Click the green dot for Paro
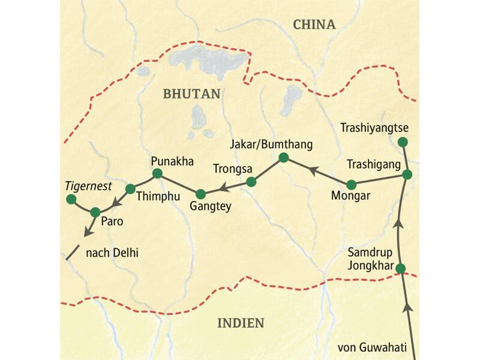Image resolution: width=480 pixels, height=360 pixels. (x=95, y=212)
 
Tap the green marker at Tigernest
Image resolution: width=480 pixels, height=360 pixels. (x=71, y=199)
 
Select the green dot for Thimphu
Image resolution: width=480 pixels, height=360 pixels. (x=130, y=188)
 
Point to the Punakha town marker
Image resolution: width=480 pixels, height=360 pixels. (x=157, y=173)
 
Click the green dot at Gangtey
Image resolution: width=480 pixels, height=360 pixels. (x=201, y=193)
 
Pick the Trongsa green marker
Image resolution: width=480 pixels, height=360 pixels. (x=251, y=181)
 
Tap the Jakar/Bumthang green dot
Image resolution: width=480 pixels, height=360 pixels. (x=284, y=158)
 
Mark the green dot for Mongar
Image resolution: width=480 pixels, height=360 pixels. (x=352, y=184)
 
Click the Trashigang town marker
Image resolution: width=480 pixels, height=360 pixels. (x=407, y=175)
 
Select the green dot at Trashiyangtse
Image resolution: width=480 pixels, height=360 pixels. (x=403, y=142)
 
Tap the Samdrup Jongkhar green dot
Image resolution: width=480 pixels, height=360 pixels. (x=401, y=268)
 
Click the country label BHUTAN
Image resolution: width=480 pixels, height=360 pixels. (x=191, y=94)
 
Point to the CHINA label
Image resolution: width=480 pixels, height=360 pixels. (x=314, y=25)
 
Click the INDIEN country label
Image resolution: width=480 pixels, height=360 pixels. (x=240, y=323)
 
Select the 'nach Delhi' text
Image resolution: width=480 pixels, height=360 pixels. (x=112, y=253)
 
